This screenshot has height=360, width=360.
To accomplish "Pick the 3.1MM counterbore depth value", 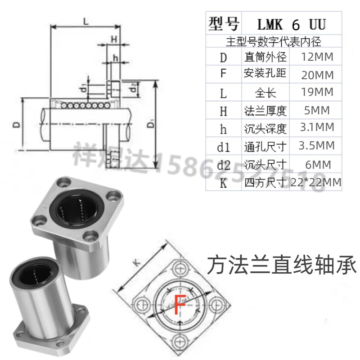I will pyautogui.click(x=317, y=128).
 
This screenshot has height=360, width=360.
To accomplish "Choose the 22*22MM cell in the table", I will pyautogui.click(x=317, y=183).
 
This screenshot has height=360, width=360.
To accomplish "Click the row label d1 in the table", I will pyautogui.click(x=224, y=147).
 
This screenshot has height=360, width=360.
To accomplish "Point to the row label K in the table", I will pyautogui.click(x=224, y=184).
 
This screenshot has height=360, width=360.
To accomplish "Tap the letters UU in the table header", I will pyautogui.click(x=315, y=23).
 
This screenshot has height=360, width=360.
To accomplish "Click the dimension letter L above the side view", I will pyautogui.click(x=85, y=21).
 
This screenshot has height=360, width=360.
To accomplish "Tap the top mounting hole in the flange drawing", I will pyautogui.click(x=180, y=268).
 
